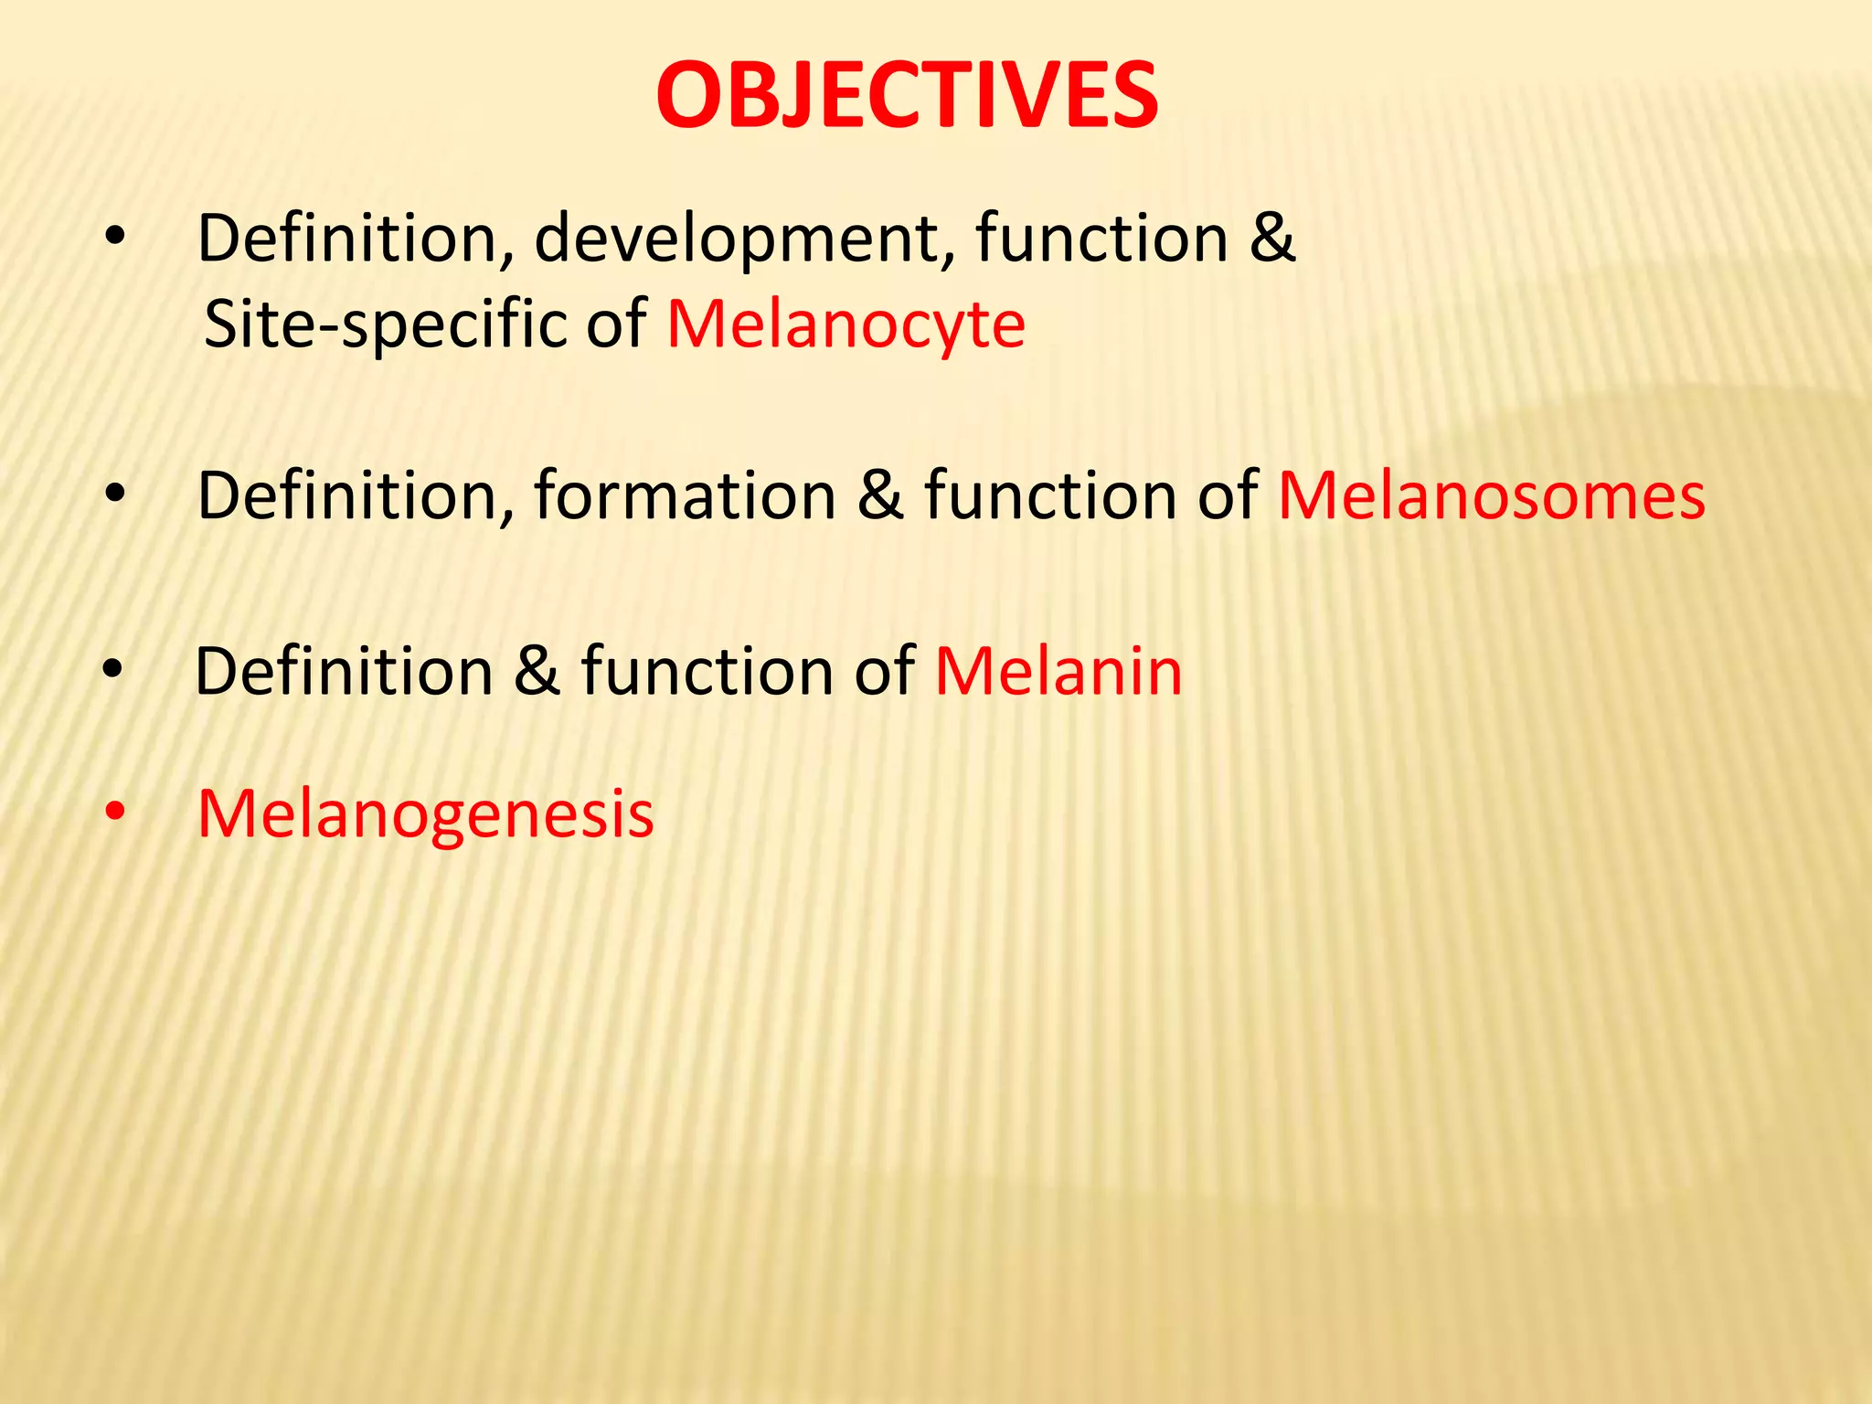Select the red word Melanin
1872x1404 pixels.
[1058, 671]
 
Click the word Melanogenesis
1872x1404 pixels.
[426, 814]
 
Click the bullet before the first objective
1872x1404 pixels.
[114, 238]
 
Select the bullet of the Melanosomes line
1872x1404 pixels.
[114, 495]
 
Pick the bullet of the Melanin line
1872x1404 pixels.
[113, 670]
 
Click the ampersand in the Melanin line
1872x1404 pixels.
[537, 671]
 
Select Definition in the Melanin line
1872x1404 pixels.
[345, 671]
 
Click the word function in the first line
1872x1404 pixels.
[1101, 238]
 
